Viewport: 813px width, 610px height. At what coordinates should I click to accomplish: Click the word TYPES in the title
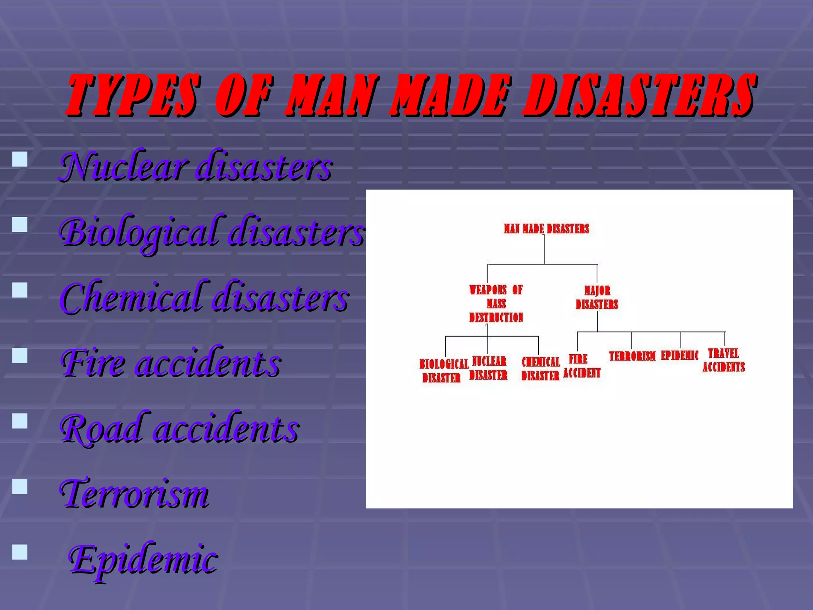tap(133, 95)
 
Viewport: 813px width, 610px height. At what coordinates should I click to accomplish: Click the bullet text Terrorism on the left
tap(134, 494)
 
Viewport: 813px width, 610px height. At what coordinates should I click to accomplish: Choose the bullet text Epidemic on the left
tap(143, 559)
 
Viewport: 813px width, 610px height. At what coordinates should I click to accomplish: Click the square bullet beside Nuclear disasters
tap(20, 159)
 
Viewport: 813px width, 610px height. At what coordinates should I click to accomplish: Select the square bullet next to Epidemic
tap(20, 552)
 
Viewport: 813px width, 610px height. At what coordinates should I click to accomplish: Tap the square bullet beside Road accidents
tap(20, 421)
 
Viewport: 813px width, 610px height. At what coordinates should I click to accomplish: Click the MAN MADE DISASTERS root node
tap(546, 229)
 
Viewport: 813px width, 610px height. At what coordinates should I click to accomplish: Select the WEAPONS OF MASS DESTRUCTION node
tap(496, 304)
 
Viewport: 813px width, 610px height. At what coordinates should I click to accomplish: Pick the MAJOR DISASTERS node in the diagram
tap(597, 297)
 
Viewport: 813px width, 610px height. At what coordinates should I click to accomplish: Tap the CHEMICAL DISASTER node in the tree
tap(540, 369)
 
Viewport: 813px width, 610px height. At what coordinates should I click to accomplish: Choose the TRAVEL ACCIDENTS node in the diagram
tap(723, 360)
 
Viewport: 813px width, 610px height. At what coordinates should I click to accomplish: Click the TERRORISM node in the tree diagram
tap(632, 356)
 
